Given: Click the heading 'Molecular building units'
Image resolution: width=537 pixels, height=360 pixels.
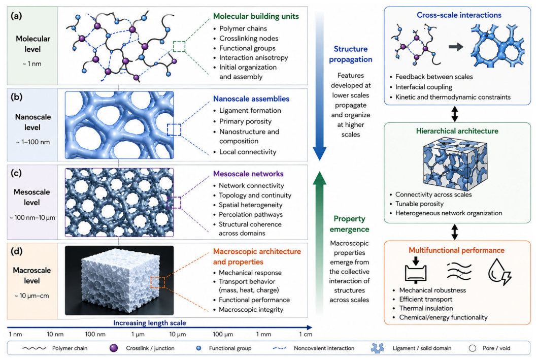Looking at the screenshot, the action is pyautogui.click(x=256, y=16).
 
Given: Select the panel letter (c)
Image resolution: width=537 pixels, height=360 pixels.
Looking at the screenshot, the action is pyautogui.click(x=16, y=173).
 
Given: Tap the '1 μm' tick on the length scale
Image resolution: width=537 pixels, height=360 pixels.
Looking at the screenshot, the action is pyautogui.click(x=138, y=334).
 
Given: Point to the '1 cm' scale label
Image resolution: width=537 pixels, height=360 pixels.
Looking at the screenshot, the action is pyautogui.click(x=306, y=334).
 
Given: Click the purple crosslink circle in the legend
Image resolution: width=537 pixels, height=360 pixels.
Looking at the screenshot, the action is pyautogui.click(x=114, y=348).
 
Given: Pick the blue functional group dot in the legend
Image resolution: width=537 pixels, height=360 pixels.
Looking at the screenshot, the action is pyautogui.click(x=198, y=348).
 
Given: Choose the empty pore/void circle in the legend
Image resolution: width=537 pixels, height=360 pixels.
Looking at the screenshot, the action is pyautogui.click(x=473, y=348).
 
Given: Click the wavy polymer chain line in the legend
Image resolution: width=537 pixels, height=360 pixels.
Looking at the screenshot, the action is pyautogui.click(x=34, y=348).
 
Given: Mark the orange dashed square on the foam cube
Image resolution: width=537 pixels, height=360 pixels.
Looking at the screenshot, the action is pyautogui.click(x=157, y=283).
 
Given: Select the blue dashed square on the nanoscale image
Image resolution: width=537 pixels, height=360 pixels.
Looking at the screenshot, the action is pyautogui.click(x=174, y=130).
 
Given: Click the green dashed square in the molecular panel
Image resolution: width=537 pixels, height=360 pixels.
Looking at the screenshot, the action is pyautogui.click(x=179, y=47).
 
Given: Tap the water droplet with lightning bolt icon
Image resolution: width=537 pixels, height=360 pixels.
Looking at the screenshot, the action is pyautogui.click(x=499, y=272).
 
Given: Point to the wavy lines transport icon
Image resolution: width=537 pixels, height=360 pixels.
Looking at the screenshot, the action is pyautogui.click(x=459, y=271).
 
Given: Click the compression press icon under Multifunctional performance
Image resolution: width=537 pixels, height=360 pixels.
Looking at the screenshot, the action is pyautogui.click(x=415, y=270).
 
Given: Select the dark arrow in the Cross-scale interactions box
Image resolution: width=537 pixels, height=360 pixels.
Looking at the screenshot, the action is pyautogui.click(x=456, y=47).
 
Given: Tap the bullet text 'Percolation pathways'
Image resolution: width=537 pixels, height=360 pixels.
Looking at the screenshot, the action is pyautogui.click(x=251, y=214).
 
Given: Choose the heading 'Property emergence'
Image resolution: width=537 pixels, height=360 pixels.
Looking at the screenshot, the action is pyautogui.click(x=349, y=224).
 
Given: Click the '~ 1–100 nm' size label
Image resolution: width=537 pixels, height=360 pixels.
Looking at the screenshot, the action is pyautogui.click(x=33, y=142).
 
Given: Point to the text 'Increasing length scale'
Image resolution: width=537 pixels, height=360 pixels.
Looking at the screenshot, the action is pyautogui.click(x=150, y=322).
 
